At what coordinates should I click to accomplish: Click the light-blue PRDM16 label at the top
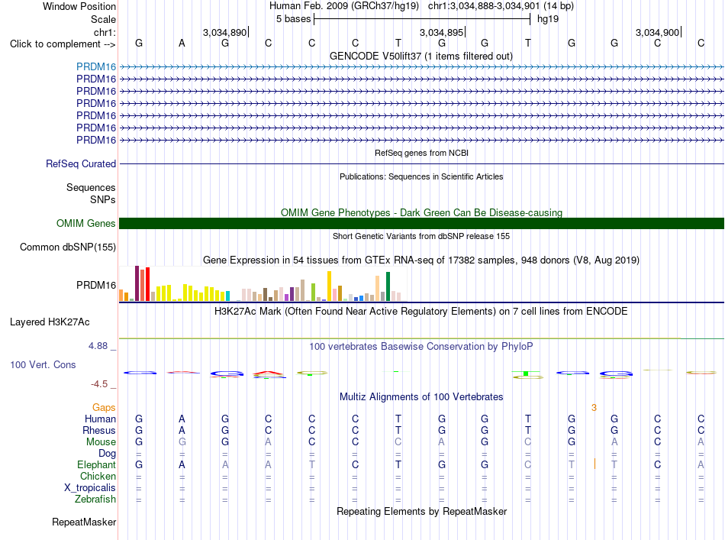tap(96, 66)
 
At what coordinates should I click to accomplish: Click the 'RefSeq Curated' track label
tap(81, 163)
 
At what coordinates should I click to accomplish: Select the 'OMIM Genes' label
tap(86, 224)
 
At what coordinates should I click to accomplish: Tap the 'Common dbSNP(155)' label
tap(68, 247)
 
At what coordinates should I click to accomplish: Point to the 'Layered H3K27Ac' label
tap(50, 322)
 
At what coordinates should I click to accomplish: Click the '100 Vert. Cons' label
tap(43, 364)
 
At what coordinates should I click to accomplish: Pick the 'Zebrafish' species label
tap(95, 500)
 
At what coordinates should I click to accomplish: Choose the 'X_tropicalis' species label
tap(90, 488)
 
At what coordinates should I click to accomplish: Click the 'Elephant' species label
tap(97, 464)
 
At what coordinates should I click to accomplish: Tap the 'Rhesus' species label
tap(99, 430)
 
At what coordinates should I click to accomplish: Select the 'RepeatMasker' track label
tap(84, 522)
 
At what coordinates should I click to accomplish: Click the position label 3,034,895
tap(442, 32)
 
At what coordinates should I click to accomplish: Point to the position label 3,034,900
tap(658, 32)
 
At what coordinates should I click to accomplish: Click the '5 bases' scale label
tap(294, 19)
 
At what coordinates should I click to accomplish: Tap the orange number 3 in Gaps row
tap(594, 408)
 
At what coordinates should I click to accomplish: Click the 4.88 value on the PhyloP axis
tap(98, 346)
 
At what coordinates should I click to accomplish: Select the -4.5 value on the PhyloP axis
tap(99, 384)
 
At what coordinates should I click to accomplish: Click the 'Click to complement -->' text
tap(63, 44)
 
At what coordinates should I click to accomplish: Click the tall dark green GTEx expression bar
tap(388, 286)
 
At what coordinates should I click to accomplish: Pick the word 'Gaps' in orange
tap(104, 407)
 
